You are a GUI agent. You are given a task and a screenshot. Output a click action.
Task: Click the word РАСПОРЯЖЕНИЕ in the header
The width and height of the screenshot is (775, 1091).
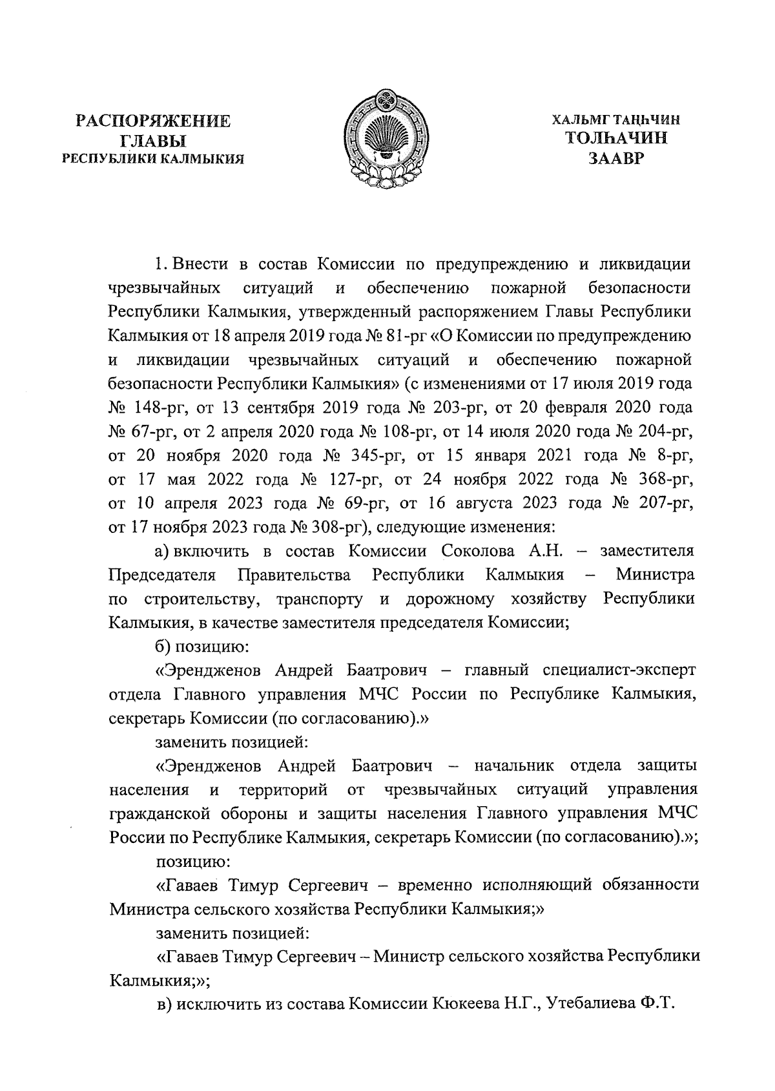tap(153, 121)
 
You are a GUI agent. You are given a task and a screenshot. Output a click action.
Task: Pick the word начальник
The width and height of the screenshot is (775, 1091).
tap(514, 766)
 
